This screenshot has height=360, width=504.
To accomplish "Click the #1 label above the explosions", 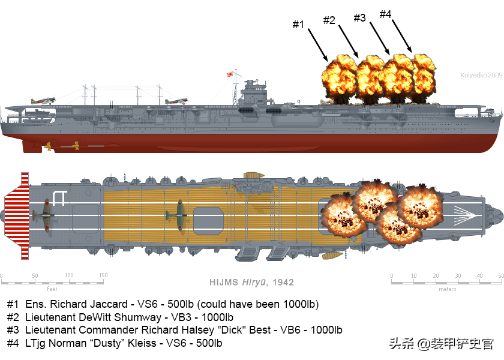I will pyautogui.click(x=298, y=25).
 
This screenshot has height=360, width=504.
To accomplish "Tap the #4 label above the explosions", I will pyautogui.click(x=386, y=13).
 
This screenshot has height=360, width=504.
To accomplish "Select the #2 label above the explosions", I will pyautogui.click(x=329, y=20).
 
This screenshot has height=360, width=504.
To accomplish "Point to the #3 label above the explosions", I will pyautogui.click(x=359, y=17).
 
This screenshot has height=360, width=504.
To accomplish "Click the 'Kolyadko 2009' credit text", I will pyautogui.click(x=481, y=75).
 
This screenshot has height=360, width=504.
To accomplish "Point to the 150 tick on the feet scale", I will pyautogui.click(x=103, y=275).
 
